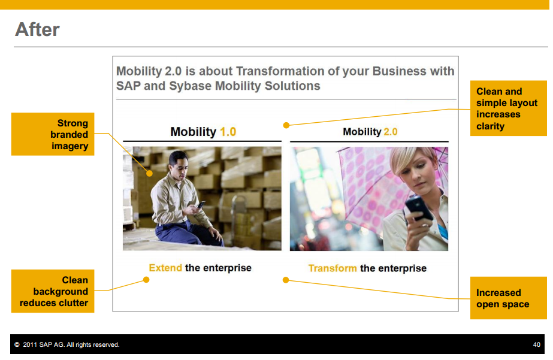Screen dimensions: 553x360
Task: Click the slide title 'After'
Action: click(37, 29)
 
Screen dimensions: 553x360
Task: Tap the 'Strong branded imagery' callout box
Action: click(53, 134)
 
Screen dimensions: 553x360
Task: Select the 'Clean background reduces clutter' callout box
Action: click(53, 291)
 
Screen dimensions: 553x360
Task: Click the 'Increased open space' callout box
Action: click(509, 298)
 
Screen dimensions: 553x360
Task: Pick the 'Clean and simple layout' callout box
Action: click(509, 108)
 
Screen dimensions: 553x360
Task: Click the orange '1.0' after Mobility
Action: click(228, 132)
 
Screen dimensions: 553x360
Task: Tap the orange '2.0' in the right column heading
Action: click(391, 132)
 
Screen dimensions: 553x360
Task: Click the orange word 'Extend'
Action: click(165, 268)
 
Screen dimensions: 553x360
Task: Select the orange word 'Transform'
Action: click(333, 268)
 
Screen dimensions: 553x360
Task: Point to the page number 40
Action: click(536, 345)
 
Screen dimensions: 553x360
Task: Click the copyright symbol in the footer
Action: click(17, 345)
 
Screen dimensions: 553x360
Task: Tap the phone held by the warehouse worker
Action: click(201, 204)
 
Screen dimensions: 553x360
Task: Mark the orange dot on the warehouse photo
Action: click(150, 174)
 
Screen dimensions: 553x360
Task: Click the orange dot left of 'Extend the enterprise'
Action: click(146, 280)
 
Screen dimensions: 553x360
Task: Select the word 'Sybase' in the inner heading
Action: click(190, 86)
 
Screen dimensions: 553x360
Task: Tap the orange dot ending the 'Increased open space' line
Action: click(286, 280)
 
